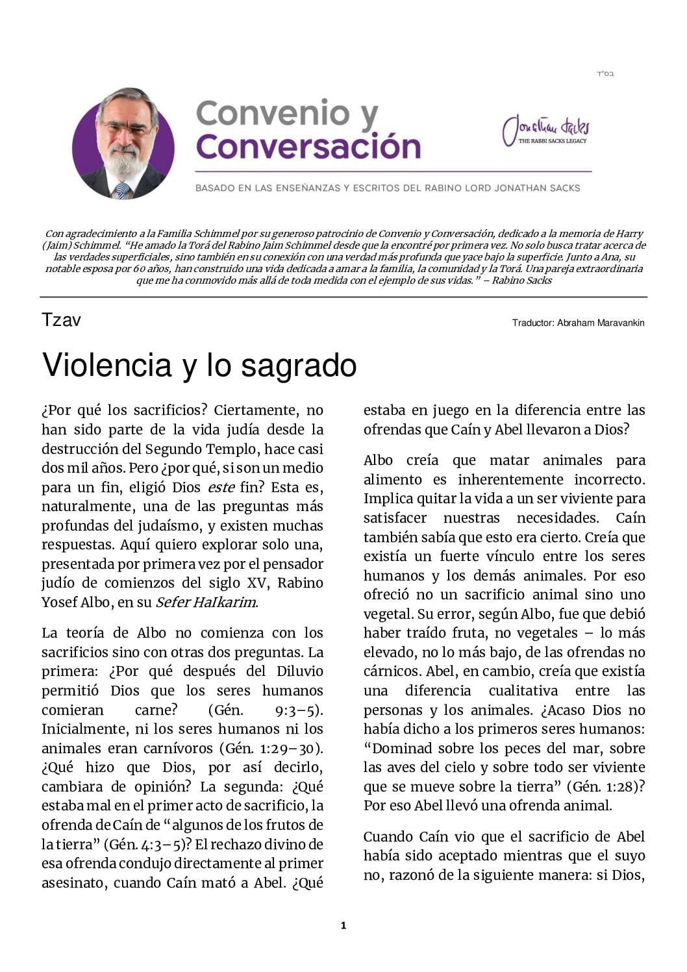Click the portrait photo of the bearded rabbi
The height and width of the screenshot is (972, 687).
pyautogui.click(x=123, y=143)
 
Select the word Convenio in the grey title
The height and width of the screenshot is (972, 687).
pyautogui.click(x=273, y=113)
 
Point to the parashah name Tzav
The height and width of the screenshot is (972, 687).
pyautogui.click(x=61, y=320)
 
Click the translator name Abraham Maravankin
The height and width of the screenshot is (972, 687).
pyautogui.click(x=601, y=323)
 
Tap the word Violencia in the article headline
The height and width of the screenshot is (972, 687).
pyautogui.click(x=106, y=365)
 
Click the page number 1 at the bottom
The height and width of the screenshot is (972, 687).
pyautogui.click(x=343, y=926)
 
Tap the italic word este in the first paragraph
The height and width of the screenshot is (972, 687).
pyautogui.click(x=221, y=487)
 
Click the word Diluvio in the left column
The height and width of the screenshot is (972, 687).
pyautogui.click(x=300, y=671)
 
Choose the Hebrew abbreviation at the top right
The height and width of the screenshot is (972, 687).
pyautogui.click(x=605, y=73)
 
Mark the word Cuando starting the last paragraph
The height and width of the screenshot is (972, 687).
pyautogui.click(x=388, y=836)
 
